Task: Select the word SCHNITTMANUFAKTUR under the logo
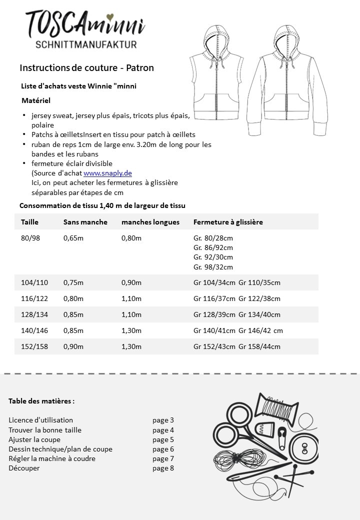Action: click(x=86, y=45)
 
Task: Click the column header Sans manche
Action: click(x=85, y=222)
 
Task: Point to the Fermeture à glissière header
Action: click(x=228, y=222)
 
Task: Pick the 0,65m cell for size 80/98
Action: click(x=73, y=238)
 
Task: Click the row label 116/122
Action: click(x=34, y=298)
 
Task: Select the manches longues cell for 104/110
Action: click(x=131, y=282)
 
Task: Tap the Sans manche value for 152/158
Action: click(x=73, y=346)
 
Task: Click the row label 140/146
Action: click(x=34, y=330)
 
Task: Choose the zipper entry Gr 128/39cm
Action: click(x=214, y=314)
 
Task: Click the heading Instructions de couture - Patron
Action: click(x=86, y=67)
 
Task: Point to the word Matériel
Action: click(x=36, y=100)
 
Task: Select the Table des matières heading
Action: click(x=41, y=401)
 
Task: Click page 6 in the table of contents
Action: click(x=163, y=449)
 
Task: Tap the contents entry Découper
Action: click(x=24, y=468)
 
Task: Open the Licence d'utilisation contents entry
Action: click(x=40, y=420)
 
